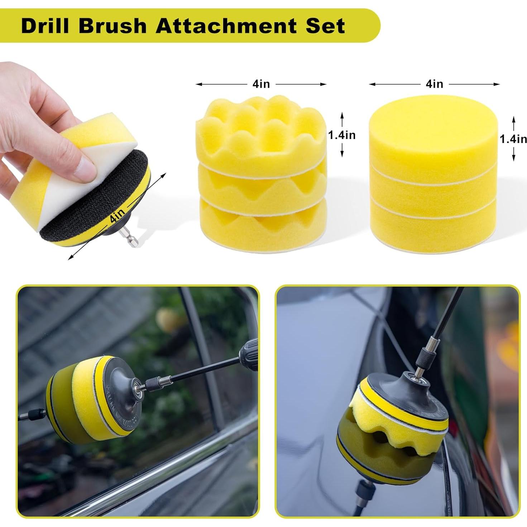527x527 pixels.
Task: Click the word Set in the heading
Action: tap(325, 26)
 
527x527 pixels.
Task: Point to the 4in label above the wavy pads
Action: tap(261, 84)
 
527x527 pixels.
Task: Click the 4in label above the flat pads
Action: tap(434, 84)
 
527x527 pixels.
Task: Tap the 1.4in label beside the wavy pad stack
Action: tap(342, 135)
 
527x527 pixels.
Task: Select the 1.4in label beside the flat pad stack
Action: tap(513, 139)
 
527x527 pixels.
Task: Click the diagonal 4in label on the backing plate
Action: tap(118, 217)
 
